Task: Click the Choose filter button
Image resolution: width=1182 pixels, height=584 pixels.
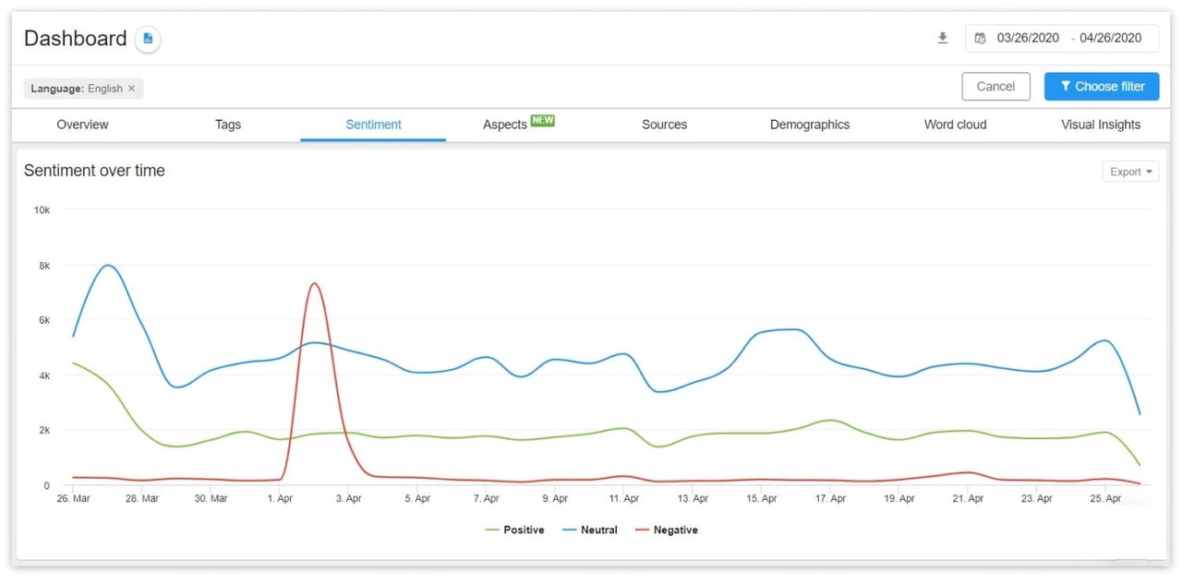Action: (x=1102, y=87)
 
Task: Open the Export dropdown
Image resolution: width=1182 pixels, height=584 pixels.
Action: (x=1130, y=172)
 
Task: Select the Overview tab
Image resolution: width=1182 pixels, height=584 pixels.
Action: (x=82, y=125)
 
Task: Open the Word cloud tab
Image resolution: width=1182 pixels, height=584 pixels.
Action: (x=955, y=125)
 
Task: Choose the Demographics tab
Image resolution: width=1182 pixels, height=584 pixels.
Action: (x=809, y=125)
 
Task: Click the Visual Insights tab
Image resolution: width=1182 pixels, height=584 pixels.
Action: (x=1100, y=125)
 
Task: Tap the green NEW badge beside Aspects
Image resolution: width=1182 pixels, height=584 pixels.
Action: (x=543, y=121)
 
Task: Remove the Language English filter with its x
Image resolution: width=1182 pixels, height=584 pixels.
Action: (x=131, y=89)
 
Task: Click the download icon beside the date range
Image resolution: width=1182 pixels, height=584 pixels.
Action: (x=942, y=38)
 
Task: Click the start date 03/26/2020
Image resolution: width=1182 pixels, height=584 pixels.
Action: (x=1028, y=38)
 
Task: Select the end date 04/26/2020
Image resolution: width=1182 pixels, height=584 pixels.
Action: (x=1110, y=38)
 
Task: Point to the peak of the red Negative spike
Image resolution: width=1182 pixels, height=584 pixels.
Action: (x=315, y=283)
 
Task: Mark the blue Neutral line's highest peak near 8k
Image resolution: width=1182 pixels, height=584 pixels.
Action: (x=108, y=266)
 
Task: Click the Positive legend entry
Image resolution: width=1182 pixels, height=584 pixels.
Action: (x=514, y=530)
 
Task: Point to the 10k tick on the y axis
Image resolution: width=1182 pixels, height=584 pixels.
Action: (x=42, y=210)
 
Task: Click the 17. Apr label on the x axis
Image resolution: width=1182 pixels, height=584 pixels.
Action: (x=830, y=499)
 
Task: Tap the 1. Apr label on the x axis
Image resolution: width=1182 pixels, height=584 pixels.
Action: (x=280, y=499)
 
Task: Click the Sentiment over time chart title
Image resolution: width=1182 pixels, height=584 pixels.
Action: (x=94, y=171)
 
